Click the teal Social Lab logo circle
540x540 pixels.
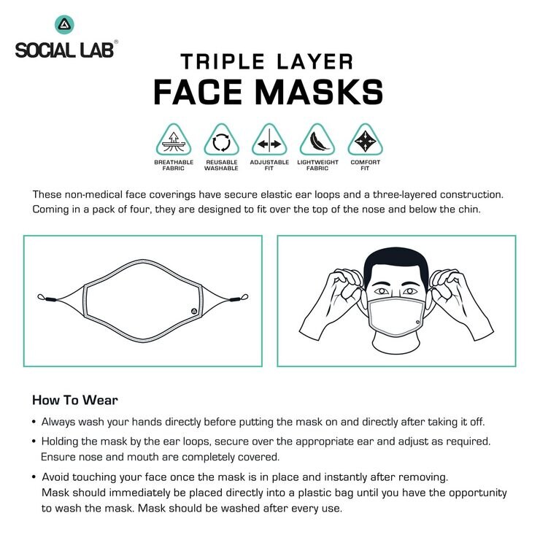coord(64,25)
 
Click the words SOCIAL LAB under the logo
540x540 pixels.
coord(64,50)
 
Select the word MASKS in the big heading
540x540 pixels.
coord(319,92)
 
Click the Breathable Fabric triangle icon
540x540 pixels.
coord(174,140)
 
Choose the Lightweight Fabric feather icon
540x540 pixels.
coord(317,140)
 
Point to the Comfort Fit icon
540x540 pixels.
coord(365,140)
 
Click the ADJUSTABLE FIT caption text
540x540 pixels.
coord(269,166)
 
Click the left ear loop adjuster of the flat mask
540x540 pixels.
coord(50,300)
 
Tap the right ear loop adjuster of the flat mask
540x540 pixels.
coord(235,300)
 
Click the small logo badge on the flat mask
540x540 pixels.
coord(194,312)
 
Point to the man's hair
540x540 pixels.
coord(396,263)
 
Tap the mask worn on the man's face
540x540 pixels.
coord(396,316)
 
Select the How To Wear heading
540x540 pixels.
coord(75,400)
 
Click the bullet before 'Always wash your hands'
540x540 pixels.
coord(34,422)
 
